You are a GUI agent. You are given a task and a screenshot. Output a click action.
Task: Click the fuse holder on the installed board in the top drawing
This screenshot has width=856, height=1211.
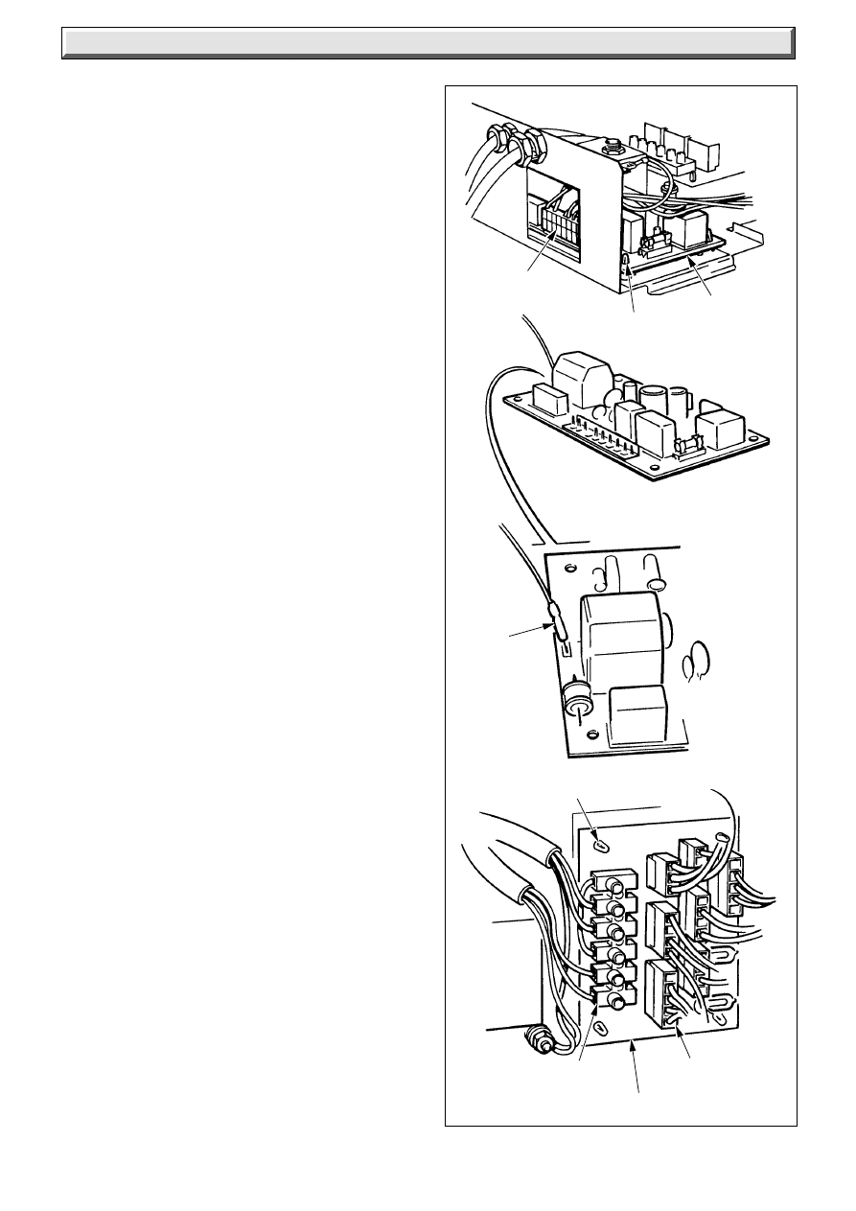(x=659, y=245)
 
